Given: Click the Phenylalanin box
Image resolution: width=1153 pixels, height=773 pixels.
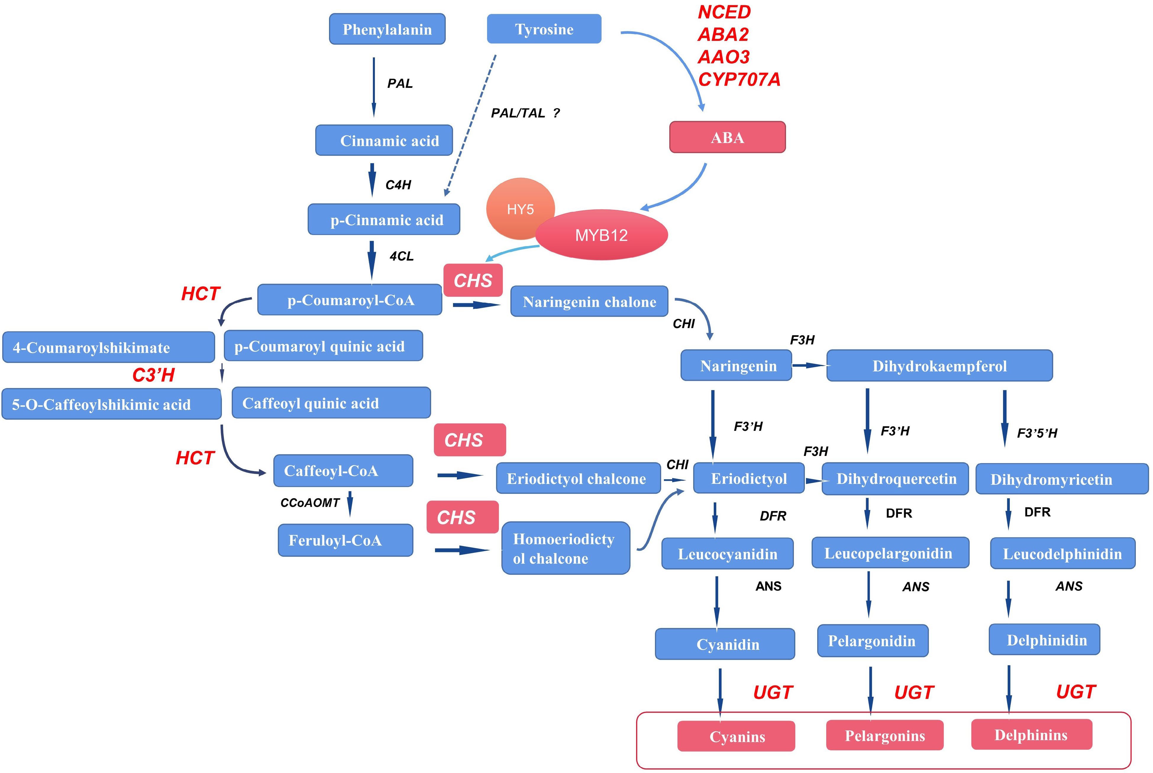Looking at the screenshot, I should (387, 29).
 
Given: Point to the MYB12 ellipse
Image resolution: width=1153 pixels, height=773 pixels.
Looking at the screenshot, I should (601, 235).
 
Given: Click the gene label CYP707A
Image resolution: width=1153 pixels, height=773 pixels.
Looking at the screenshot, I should (739, 79).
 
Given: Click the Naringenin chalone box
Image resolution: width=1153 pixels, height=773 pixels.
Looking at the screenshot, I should (589, 301).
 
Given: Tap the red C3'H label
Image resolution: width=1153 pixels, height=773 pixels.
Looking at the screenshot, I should (154, 375).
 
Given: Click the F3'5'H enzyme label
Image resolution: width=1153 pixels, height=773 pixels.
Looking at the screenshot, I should (1037, 433).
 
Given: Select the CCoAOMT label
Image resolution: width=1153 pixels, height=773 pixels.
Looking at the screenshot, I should (310, 503).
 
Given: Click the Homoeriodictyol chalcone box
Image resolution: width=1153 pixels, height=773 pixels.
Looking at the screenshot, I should (565, 548).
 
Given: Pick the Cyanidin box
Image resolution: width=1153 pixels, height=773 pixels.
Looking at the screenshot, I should (724, 644).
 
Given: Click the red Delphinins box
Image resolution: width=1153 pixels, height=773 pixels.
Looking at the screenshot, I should (1031, 735).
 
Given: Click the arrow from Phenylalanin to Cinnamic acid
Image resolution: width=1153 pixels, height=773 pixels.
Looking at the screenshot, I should (374, 86).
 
